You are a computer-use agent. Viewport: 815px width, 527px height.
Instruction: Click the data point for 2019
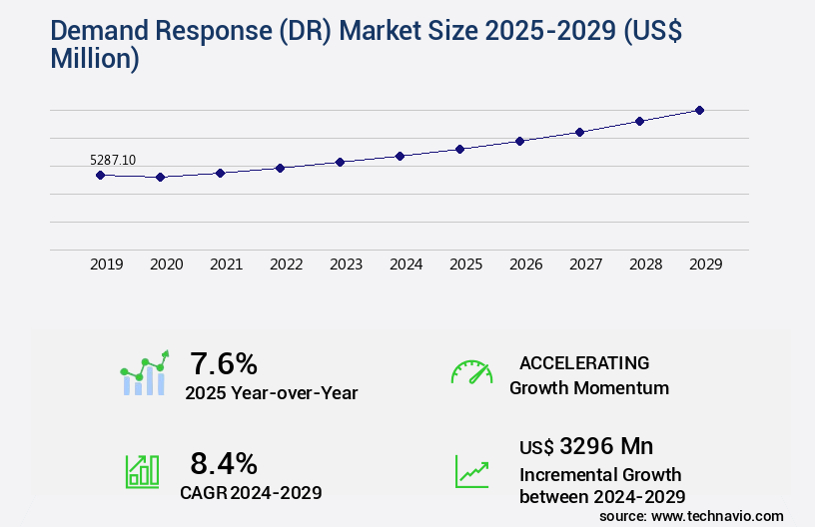(100, 175)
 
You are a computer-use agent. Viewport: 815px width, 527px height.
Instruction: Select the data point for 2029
(699, 110)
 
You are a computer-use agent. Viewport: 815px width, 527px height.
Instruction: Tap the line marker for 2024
(400, 156)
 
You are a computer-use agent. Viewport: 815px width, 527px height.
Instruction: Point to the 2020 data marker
(160, 177)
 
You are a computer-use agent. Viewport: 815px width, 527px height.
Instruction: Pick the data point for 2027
(579, 132)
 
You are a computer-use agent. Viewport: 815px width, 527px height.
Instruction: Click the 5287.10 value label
(113, 160)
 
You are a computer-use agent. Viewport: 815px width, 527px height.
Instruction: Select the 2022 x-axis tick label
(286, 264)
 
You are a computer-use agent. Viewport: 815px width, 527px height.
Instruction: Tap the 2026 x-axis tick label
(525, 264)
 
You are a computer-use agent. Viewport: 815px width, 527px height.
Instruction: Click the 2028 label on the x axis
(645, 264)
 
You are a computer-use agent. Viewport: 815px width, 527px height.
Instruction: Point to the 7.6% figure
(224, 362)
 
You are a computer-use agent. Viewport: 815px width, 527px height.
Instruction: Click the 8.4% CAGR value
(224, 463)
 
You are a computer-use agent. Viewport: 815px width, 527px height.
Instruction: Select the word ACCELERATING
(584, 362)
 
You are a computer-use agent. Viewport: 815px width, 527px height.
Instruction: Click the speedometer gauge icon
(471, 372)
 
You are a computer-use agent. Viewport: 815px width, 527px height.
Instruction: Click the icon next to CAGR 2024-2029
(142, 471)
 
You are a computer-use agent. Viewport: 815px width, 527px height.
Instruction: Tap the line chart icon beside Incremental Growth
(471, 471)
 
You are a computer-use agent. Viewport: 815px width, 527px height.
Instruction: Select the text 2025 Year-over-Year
(271, 393)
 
